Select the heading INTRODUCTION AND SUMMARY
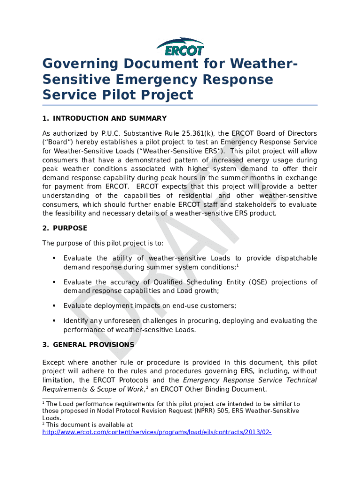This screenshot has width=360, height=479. point(109,118)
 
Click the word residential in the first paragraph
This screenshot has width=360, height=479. point(187,196)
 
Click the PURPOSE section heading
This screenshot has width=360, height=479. point(70,228)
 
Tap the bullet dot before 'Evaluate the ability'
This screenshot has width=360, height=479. point(55,258)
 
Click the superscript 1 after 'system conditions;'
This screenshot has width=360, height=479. point(238,266)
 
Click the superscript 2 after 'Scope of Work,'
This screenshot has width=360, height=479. point(147,388)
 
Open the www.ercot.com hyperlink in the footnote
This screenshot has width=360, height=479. point(157,433)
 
